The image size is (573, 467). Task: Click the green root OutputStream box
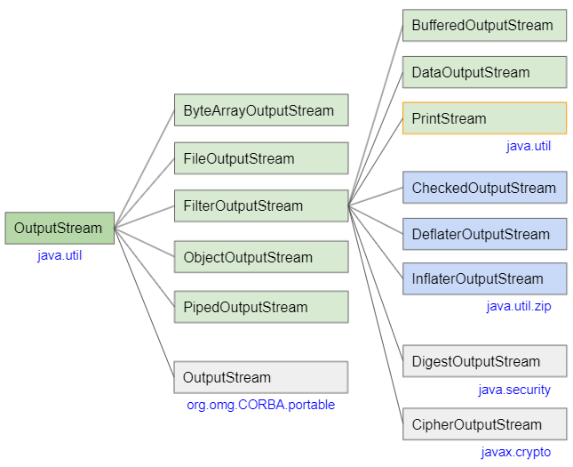pyautogui.click(x=60, y=229)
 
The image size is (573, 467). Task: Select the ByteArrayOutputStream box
pyautogui.click(x=260, y=111)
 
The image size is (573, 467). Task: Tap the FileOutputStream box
pyautogui.click(x=260, y=159)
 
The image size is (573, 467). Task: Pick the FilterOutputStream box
pyautogui.click(x=260, y=206)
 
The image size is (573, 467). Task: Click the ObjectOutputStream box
pyautogui.click(x=260, y=257)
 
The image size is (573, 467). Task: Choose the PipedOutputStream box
pyautogui.click(x=260, y=307)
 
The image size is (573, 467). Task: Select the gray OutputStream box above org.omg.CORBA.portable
pyautogui.click(x=260, y=377)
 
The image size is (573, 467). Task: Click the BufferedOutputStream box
pyautogui.click(x=484, y=26)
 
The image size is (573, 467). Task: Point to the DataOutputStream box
pyautogui.click(x=484, y=73)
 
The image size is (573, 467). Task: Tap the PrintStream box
pyautogui.click(x=484, y=118)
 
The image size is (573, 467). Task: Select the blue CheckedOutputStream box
pyautogui.click(x=484, y=188)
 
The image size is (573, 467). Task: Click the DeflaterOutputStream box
pyautogui.click(x=484, y=234)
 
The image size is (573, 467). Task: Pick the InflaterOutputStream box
pyautogui.click(x=484, y=278)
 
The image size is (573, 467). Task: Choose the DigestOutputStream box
pyautogui.click(x=484, y=361)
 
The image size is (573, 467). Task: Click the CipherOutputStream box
pyautogui.click(x=484, y=424)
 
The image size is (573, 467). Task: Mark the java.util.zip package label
pyautogui.click(x=519, y=307)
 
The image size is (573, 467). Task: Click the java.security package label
pyautogui.click(x=514, y=390)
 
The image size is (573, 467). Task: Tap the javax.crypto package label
pyautogui.click(x=516, y=452)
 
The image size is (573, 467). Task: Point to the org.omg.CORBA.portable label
pyautogui.click(x=260, y=405)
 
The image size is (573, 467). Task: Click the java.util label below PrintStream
pyautogui.click(x=529, y=146)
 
